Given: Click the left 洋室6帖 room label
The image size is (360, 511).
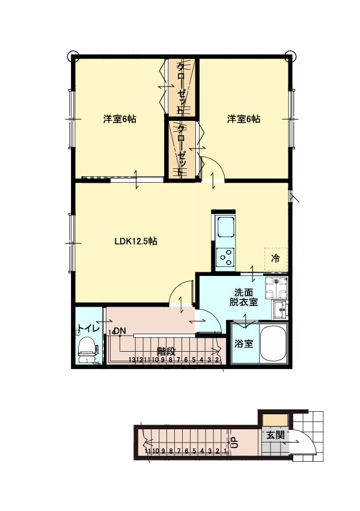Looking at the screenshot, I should pyautogui.click(x=119, y=119).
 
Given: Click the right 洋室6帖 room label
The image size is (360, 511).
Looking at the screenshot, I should pyautogui.click(x=243, y=119).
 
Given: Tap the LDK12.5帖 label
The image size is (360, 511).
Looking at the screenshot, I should pyautogui.click(x=136, y=242).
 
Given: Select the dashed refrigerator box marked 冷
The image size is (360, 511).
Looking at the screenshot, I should pyautogui.click(x=275, y=259).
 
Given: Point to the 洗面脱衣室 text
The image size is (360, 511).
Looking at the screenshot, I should pyautogui.click(x=243, y=298).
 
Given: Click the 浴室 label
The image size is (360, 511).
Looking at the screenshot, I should pyautogui.click(x=243, y=344).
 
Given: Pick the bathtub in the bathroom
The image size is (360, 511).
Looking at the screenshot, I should pyautogui.click(x=274, y=345).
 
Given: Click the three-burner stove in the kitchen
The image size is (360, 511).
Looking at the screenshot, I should pyautogui.click(x=226, y=258).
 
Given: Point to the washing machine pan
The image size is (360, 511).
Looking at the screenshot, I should pyautogui.click(x=277, y=288).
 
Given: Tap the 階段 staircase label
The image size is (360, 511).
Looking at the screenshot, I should pyautogui.click(x=166, y=349).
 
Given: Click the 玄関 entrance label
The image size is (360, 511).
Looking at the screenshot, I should pyautogui.click(x=275, y=435).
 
